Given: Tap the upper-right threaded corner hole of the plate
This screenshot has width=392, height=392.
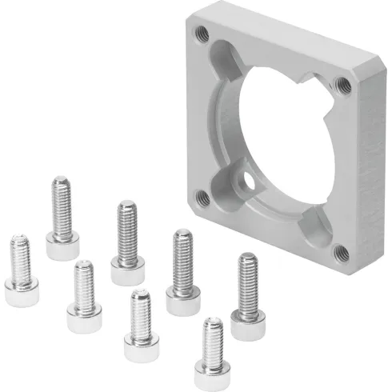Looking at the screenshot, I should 343,81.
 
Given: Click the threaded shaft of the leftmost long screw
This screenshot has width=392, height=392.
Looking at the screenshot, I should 62,209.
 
